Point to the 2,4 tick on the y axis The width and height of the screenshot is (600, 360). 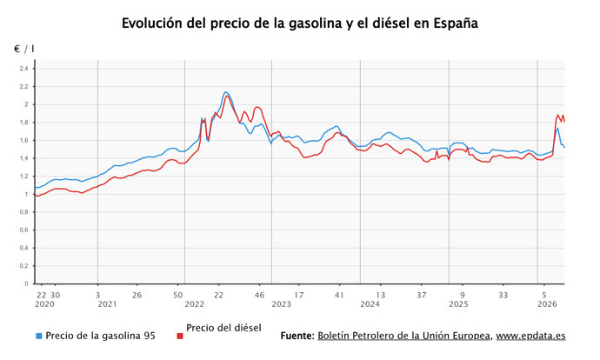23,69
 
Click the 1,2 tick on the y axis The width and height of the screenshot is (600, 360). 23,177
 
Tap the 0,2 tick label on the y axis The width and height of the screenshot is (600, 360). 23,266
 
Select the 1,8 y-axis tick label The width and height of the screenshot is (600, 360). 23,123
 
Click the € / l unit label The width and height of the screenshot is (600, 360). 24,49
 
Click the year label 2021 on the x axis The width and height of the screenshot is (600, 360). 107,304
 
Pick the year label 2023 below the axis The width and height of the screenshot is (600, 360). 281,304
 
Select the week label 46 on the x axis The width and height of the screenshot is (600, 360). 259,295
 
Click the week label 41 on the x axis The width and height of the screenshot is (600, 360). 339,295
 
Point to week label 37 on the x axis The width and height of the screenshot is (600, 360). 421,295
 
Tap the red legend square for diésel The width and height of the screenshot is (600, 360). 179,336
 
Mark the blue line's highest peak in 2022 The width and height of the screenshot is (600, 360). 226,92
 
